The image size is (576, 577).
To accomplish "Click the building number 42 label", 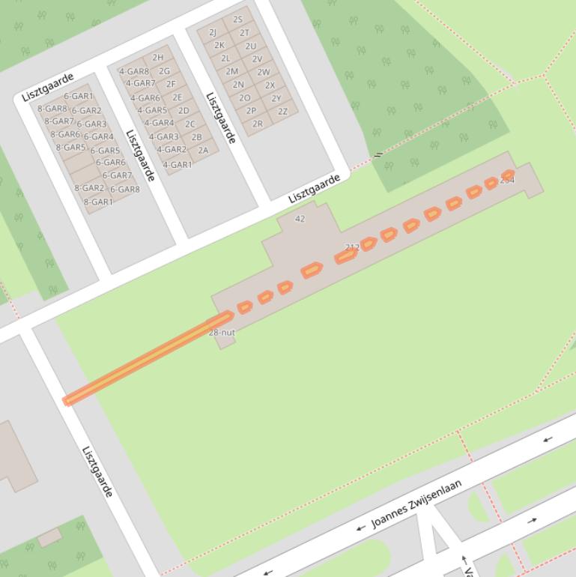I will [x=300, y=219].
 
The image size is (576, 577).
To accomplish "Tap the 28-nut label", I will [x=222, y=332].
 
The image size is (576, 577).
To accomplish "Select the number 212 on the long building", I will [x=352, y=247].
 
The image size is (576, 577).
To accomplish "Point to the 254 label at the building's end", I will [x=507, y=180].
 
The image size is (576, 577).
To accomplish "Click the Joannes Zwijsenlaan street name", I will [x=416, y=504].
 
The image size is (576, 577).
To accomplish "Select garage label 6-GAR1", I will [x=79, y=96].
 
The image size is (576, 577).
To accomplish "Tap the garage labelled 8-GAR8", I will [x=52, y=109].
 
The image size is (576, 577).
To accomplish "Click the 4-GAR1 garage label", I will [x=178, y=165].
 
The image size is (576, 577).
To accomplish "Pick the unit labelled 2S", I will [x=238, y=19].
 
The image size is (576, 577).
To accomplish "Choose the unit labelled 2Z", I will [x=282, y=111].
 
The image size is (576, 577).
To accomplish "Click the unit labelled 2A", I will [x=203, y=150].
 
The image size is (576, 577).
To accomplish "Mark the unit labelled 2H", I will [x=158, y=58].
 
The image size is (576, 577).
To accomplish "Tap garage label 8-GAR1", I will [x=98, y=202].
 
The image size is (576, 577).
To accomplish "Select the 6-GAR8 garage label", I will [x=125, y=190].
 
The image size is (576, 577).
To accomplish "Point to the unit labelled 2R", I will [x=258, y=124].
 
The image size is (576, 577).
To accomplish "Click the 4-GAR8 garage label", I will [x=133, y=72].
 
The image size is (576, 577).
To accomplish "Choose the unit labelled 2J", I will [x=213, y=32].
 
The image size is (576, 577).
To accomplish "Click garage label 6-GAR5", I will [x=106, y=151].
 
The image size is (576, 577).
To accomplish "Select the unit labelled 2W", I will [x=264, y=72].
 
